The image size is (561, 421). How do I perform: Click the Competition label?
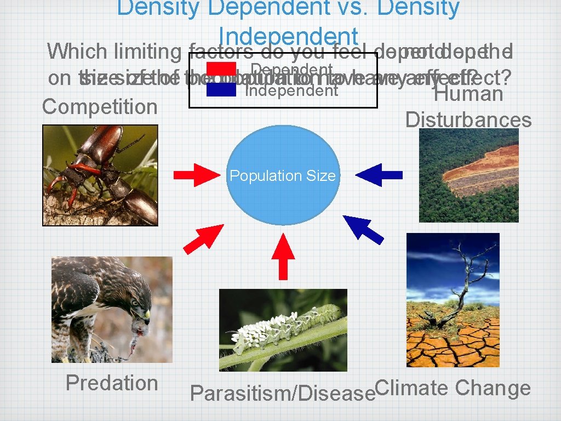point(100,106)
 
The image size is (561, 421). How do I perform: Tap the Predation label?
point(112,383)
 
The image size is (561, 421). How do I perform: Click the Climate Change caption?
point(454,388)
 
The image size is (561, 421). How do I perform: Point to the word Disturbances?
point(468,120)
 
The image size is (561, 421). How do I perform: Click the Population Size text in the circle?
point(282,176)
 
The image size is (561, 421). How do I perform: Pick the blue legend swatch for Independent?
point(221,89)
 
